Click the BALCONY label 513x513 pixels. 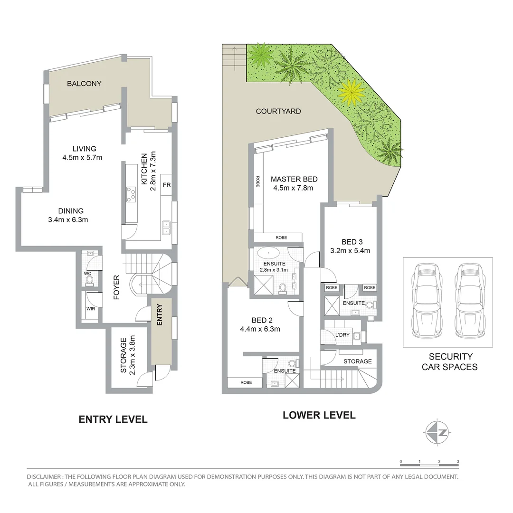[84, 84]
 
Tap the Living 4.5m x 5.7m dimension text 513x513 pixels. [82, 158]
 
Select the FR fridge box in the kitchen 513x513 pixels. [166, 185]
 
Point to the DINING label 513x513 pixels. [71, 211]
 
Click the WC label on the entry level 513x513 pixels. [87, 274]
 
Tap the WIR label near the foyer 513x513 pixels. [90, 309]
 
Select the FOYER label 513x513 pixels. [116, 287]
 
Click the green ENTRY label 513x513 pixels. [160, 314]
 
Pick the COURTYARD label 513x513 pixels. [278, 111]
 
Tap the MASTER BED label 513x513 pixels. [294, 179]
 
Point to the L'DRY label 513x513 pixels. [342, 335]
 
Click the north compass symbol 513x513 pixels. [437, 432]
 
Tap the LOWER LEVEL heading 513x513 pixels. [319, 415]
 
